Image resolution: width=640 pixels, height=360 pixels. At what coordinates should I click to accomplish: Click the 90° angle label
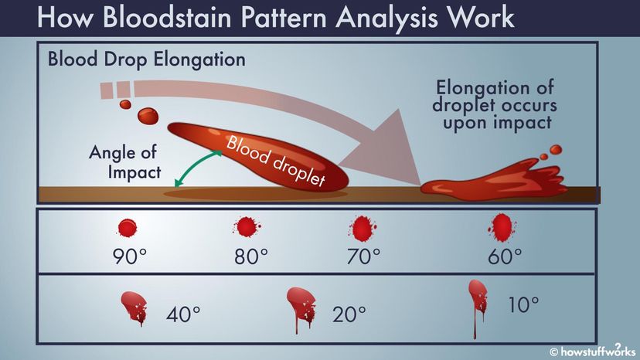click(129, 256)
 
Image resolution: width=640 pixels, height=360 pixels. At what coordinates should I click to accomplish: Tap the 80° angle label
click(251, 256)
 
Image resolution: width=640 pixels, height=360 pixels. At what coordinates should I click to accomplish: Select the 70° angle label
click(364, 256)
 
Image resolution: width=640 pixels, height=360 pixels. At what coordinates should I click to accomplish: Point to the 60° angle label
click(505, 256)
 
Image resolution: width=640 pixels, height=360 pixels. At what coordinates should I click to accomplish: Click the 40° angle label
click(183, 314)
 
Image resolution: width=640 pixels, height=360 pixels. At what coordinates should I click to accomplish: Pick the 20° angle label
click(349, 314)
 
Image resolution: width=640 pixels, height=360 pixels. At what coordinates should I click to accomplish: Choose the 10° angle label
click(523, 305)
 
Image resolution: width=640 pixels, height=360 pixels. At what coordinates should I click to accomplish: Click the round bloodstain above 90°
click(128, 228)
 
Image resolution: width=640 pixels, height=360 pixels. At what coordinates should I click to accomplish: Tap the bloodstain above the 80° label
click(247, 227)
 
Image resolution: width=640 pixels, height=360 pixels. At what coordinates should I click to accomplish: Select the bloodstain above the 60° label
click(502, 227)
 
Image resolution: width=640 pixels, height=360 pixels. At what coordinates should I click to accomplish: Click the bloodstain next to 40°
click(134, 307)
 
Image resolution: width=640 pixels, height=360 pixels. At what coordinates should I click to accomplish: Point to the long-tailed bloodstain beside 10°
click(478, 302)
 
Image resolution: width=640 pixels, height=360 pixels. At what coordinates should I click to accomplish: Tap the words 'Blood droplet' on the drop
click(275, 161)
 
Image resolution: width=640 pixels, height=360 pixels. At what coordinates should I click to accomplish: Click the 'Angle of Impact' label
click(125, 162)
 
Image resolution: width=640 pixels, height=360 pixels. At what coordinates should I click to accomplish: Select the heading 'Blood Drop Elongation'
click(147, 59)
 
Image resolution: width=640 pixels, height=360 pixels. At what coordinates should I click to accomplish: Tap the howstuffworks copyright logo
click(593, 350)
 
